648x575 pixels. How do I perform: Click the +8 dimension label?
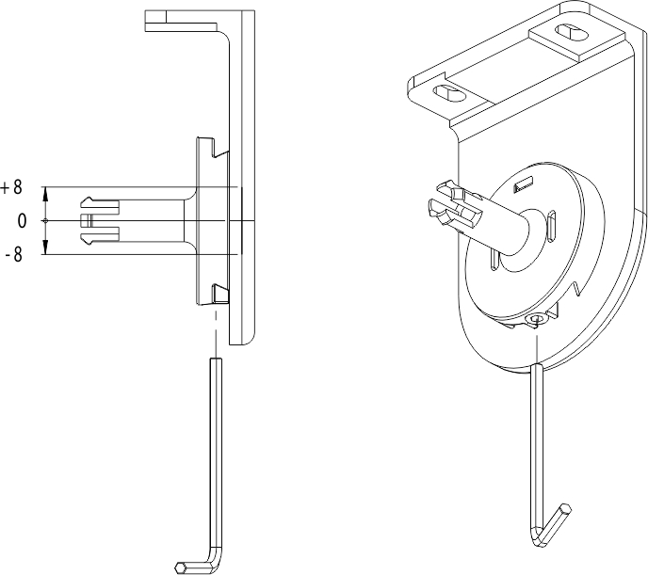[x=11, y=187]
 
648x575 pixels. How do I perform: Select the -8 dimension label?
[x=12, y=254]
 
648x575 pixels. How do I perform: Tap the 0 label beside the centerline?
[x=22, y=221]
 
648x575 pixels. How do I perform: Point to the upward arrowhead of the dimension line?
[x=45, y=193]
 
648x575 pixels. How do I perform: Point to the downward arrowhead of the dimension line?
[x=45, y=248]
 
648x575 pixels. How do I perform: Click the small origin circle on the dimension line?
[x=45, y=221]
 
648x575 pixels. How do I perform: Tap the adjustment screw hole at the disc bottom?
[x=537, y=320]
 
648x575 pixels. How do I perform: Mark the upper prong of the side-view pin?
[x=100, y=202]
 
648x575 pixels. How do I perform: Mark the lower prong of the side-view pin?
[x=100, y=239]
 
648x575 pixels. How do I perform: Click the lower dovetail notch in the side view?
[x=219, y=293]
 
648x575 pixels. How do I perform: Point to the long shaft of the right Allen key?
[x=536, y=442]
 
